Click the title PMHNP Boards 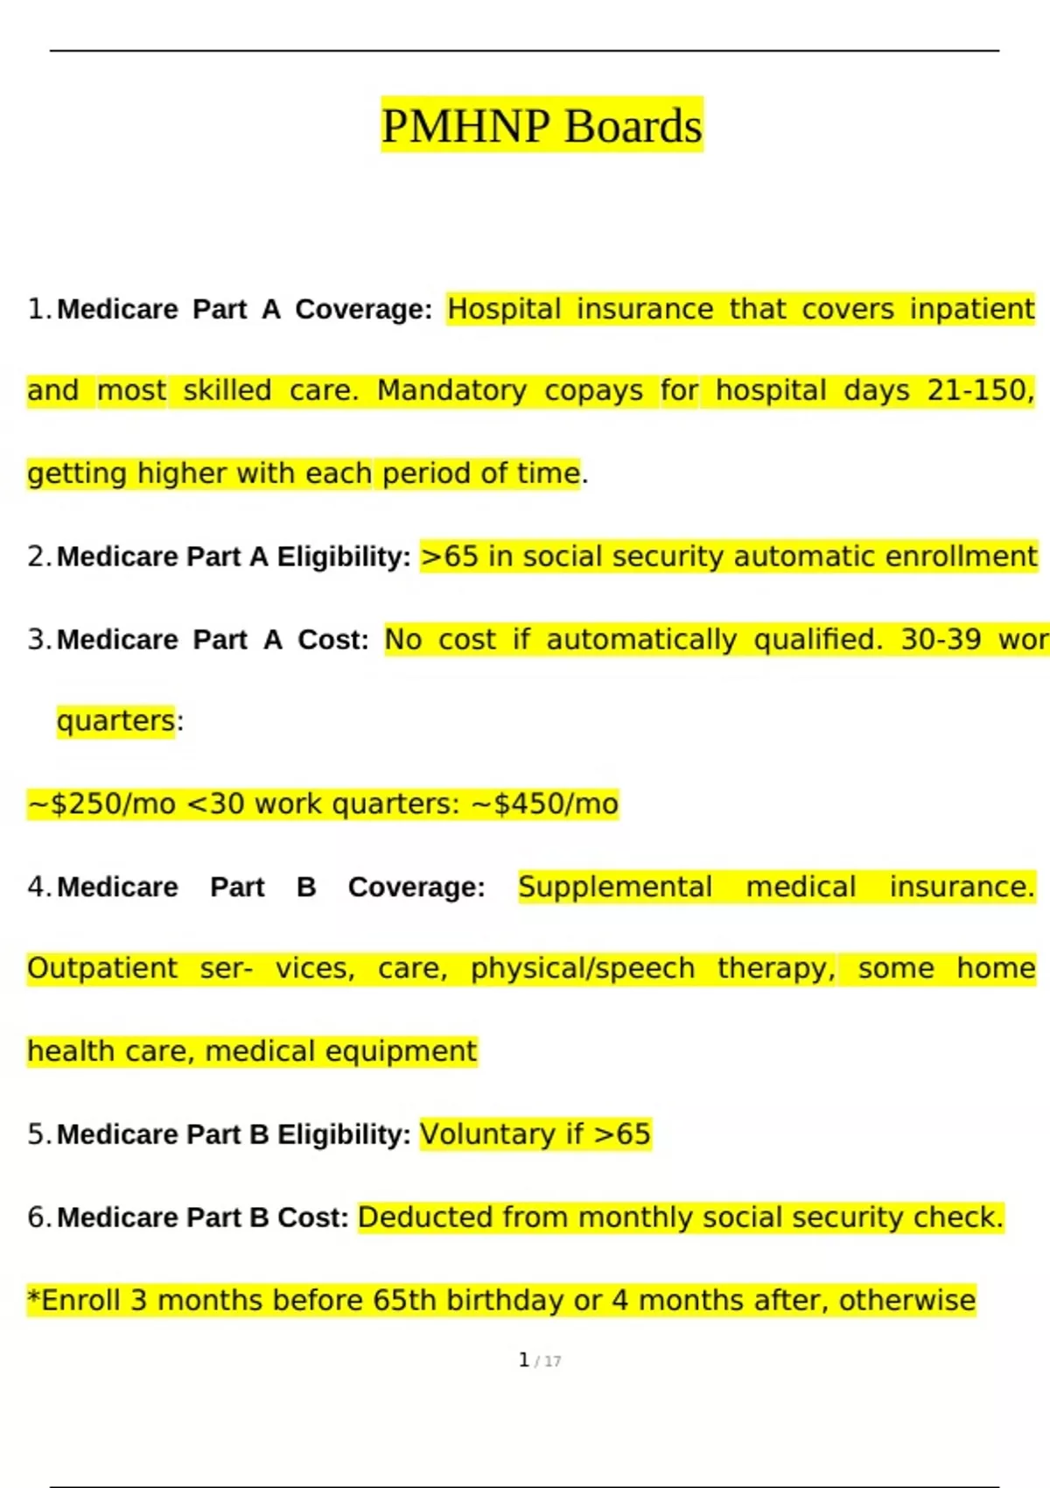click(x=542, y=126)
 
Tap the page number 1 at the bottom click(x=524, y=1359)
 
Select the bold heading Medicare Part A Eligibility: click(x=234, y=557)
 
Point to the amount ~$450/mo click(x=545, y=804)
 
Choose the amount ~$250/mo click(x=101, y=804)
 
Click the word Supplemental click(x=615, y=887)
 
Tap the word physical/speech click(x=583, y=969)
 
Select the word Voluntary click(x=487, y=1134)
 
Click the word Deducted click(x=425, y=1218)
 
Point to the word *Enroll click(x=73, y=1301)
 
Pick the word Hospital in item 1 click(x=504, y=309)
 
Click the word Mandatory click(x=451, y=390)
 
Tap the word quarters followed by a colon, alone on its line click(x=116, y=721)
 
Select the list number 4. click(x=39, y=887)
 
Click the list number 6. click(x=39, y=1218)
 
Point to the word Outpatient click(x=102, y=969)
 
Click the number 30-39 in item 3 click(x=941, y=640)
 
